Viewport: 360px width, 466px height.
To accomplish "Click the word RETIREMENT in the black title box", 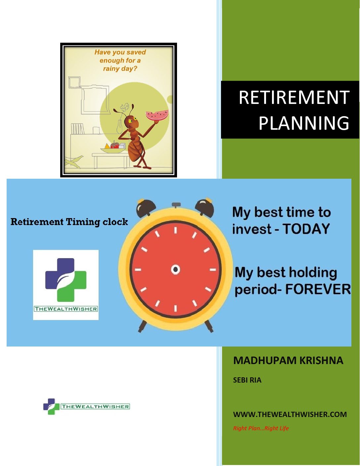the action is tap(294, 97).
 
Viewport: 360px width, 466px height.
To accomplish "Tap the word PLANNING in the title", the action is tap(304, 123).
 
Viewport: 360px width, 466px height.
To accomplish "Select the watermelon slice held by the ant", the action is tap(157, 115).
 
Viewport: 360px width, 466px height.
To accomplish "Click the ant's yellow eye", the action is tap(130, 121).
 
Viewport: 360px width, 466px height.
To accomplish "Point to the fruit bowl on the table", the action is tap(113, 148).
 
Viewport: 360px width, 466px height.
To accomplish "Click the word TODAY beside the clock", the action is tap(306, 229).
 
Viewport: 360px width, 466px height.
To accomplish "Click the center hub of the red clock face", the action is tap(175, 269).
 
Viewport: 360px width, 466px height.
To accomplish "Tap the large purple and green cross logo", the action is tap(66, 280).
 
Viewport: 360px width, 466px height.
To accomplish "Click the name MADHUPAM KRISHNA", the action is tap(288, 361).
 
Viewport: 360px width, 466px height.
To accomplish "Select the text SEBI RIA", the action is tap(247, 380).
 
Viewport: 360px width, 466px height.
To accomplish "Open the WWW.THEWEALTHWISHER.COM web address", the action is tap(290, 414).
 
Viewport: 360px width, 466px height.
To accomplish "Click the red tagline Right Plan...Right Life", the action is tap(261, 428).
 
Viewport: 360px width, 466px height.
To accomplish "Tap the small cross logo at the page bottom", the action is tap(51, 406).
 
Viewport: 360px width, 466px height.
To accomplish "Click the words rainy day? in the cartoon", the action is tap(120, 69).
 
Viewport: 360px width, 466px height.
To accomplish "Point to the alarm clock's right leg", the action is tap(209, 326).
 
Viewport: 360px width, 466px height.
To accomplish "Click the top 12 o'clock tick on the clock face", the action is tap(175, 230).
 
